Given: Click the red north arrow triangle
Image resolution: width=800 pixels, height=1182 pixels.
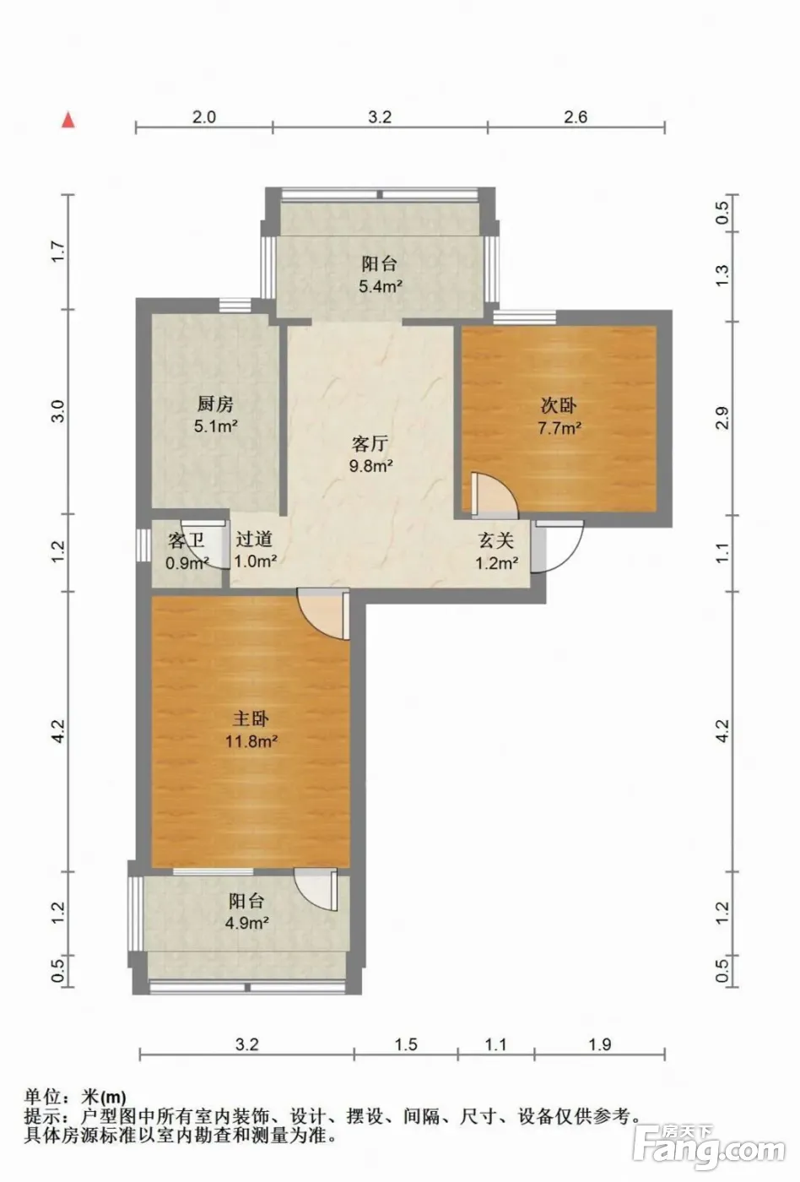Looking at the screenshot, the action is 68,120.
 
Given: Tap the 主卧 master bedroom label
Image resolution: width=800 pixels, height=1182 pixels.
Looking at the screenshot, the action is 251,719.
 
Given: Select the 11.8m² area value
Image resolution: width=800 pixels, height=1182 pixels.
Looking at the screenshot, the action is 251,741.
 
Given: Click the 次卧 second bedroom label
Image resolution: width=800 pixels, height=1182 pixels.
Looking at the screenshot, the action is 559,405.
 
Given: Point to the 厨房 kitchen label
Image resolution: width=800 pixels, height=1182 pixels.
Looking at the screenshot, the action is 215,404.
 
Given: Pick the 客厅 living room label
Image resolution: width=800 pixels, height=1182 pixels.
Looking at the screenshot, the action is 370,443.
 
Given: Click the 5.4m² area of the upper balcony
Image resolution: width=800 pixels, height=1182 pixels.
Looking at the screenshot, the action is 381,286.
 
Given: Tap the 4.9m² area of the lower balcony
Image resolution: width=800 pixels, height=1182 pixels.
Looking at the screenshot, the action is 247,923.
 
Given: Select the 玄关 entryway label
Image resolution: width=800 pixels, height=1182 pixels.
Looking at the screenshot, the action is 495,540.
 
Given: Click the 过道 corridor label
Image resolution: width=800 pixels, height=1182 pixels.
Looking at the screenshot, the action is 254,539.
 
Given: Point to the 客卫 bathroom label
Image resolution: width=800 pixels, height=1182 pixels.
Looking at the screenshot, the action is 186,540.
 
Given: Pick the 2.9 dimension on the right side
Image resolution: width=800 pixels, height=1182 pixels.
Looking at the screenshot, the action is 722,417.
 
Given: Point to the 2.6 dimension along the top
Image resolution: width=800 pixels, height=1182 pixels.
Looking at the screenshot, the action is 576,117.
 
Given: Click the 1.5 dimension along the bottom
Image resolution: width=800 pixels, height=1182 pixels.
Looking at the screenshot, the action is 406,1044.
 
